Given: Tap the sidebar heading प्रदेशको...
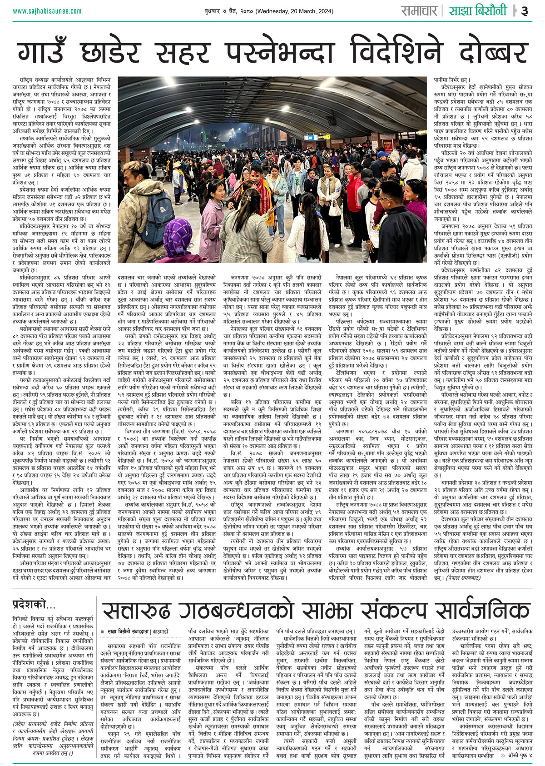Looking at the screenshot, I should [34, 604].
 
